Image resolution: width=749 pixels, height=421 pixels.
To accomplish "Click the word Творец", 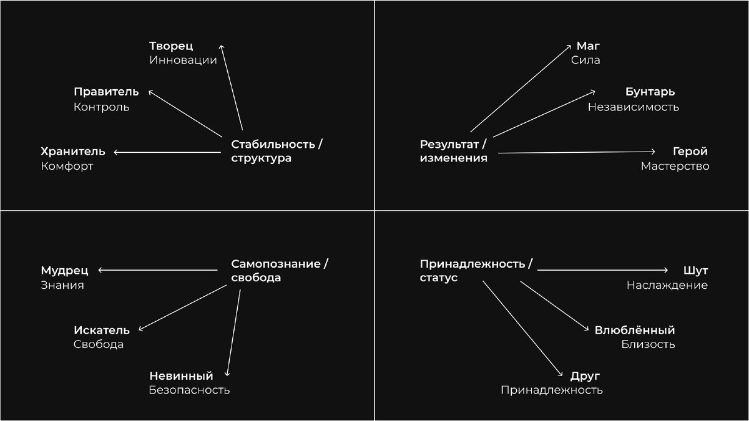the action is click(x=171, y=46).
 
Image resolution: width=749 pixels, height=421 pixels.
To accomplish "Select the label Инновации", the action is click(x=183, y=60).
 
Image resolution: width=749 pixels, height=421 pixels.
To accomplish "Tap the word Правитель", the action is click(x=106, y=92).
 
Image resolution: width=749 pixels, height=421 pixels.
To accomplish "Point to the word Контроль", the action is click(x=101, y=107).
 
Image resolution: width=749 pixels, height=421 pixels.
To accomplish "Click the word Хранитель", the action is click(x=72, y=152).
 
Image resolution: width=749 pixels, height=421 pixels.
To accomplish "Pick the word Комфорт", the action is click(x=67, y=167).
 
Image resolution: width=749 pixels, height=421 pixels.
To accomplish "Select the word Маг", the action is click(x=587, y=46).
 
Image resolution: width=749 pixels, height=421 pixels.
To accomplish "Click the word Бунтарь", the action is click(x=650, y=92).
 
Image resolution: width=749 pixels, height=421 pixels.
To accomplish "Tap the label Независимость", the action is click(x=633, y=107).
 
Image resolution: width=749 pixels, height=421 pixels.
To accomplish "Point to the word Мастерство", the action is click(x=675, y=167).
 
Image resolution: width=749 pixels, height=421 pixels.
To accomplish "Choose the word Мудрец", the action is click(x=64, y=271).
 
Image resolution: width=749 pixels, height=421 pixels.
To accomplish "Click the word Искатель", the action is click(x=101, y=330).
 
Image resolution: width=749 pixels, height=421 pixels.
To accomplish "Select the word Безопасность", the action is click(x=189, y=390).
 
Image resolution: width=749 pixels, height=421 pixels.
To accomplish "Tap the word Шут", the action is click(x=696, y=271).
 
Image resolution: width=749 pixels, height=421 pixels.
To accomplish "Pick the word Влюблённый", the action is click(x=634, y=330).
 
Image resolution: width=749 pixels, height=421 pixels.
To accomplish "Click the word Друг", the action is click(x=585, y=376).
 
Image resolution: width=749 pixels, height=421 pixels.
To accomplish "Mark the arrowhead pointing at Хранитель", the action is click(x=117, y=152).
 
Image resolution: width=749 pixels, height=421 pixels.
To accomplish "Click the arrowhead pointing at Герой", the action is click(x=653, y=152).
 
